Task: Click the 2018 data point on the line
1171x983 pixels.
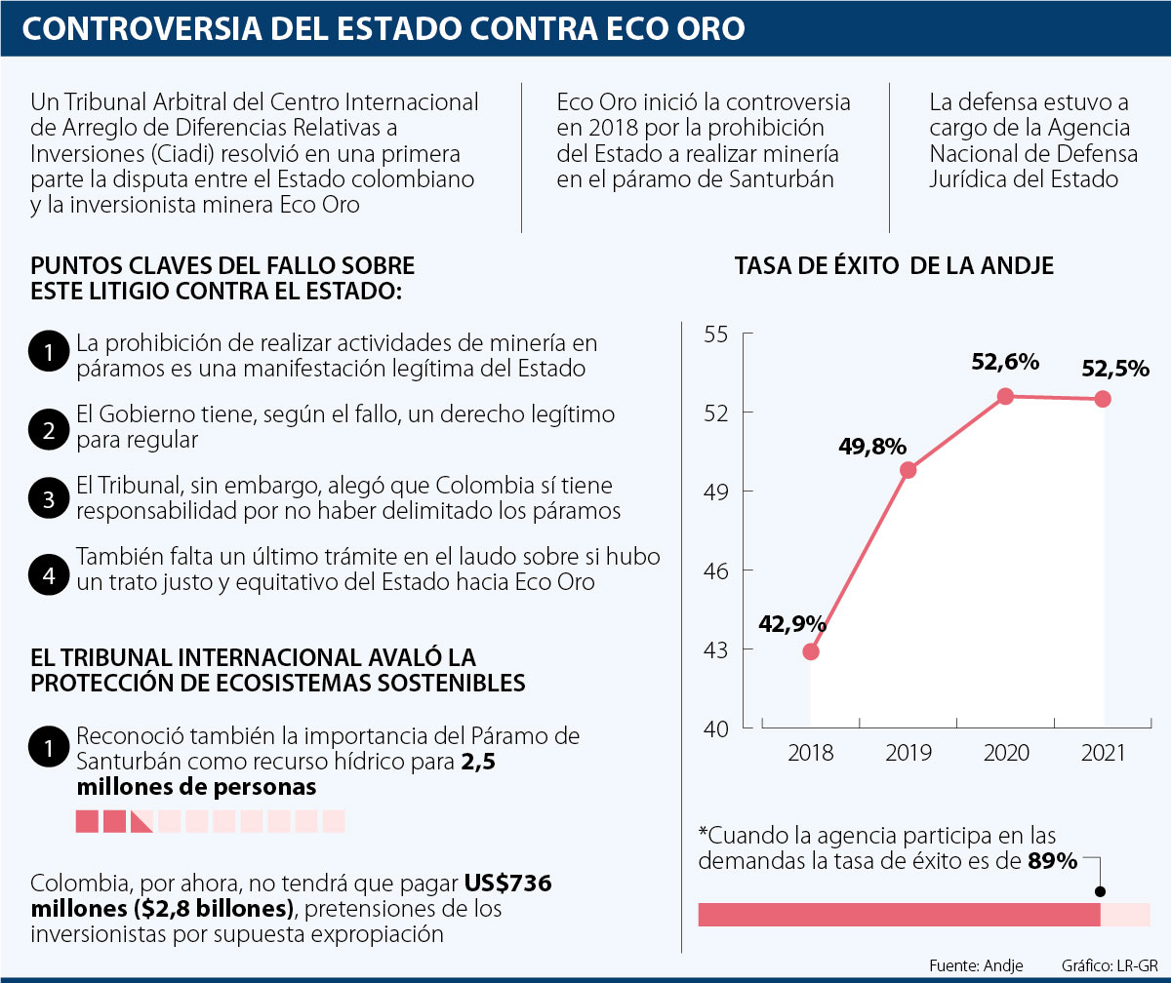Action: tap(811, 651)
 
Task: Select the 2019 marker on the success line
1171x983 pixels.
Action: tap(909, 470)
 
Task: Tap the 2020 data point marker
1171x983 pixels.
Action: tap(1005, 396)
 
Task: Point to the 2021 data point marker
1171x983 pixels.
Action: tap(1103, 399)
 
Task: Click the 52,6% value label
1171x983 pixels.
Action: tap(1005, 362)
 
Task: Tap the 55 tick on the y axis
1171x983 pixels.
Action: tap(715, 334)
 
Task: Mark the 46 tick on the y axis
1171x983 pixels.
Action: tap(715, 570)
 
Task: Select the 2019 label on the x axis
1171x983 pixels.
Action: tap(909, 754)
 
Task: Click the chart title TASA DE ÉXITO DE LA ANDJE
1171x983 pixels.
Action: tap(894, 265)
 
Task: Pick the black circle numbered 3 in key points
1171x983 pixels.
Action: tap(48, 498)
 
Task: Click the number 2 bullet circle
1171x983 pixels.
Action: tap(48, 427)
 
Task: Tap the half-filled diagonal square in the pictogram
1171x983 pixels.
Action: tap(141, 821)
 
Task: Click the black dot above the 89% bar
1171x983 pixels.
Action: tap(1101, 891)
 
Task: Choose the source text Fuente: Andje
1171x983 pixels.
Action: tap(977, 965)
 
